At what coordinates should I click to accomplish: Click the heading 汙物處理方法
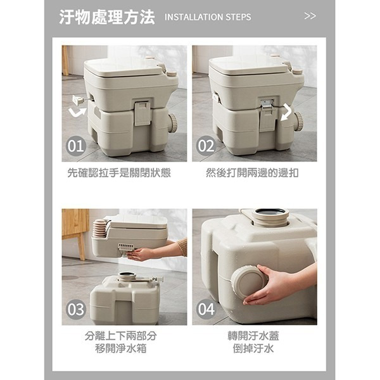tap(107, 17)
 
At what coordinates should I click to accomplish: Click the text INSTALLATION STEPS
tap(207, 17)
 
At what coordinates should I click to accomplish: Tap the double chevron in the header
tap(310, 16)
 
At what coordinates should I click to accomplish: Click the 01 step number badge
tap(76, 146)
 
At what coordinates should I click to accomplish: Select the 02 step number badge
tap(206, 146)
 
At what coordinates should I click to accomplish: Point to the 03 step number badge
tap(76, 310)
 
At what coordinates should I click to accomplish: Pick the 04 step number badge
tap(206, 310)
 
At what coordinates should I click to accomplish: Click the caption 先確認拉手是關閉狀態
tap(119, 172)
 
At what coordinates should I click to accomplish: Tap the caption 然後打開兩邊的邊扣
tap(252, 172)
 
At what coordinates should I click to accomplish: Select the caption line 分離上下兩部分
tap(120, 336)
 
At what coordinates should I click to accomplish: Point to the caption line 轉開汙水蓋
tap(253, 336)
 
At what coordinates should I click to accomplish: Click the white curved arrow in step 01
tap(78, 113)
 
